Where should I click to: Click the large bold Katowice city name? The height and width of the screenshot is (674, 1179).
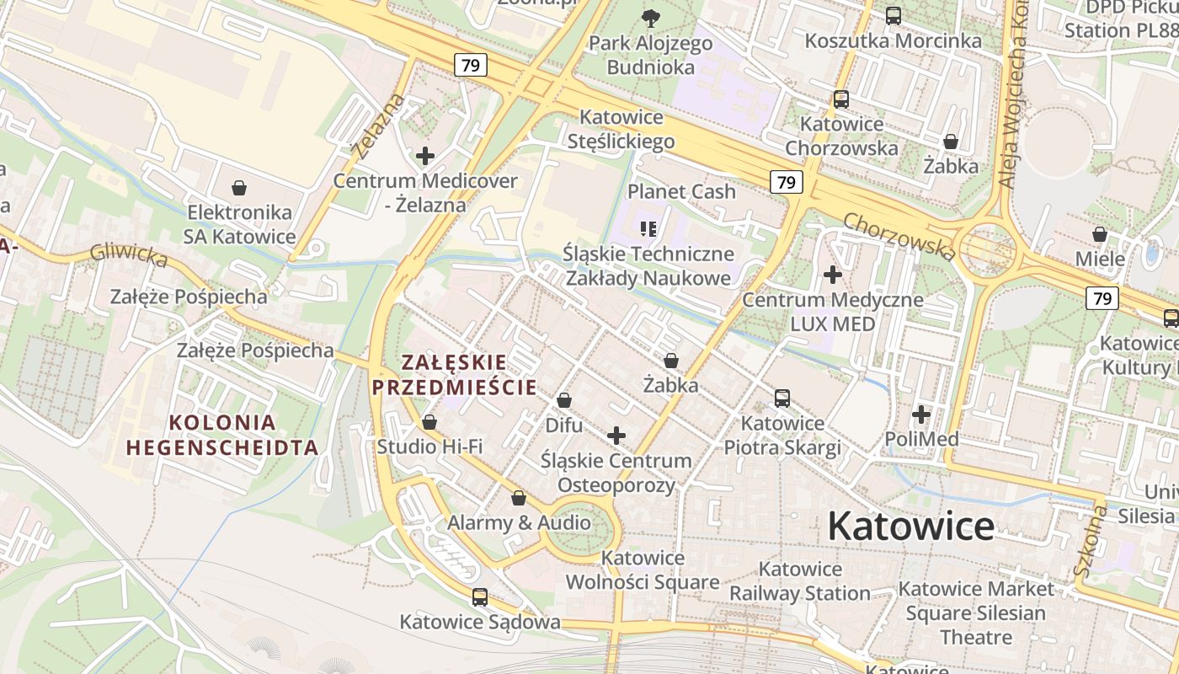(x=910, y=527)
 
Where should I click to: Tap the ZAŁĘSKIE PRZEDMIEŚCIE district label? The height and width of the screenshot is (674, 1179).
(x=455, y=375)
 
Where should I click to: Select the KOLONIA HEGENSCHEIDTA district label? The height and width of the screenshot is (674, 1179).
(x=222, y=435)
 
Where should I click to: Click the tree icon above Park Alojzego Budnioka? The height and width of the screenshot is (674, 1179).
(x=650, y=18)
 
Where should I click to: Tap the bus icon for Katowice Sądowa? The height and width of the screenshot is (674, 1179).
(x=480, y=597)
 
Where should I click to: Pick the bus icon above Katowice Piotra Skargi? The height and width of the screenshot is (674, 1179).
(x=782, y=399)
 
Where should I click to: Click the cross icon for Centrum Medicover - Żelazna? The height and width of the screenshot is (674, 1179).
(x=425, y=156)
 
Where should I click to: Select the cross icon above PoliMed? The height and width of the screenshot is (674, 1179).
(x=921, y=415)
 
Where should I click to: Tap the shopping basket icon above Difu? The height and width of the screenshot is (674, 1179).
(x=564, y=400)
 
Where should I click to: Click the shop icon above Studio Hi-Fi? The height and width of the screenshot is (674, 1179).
(x=429, y=421)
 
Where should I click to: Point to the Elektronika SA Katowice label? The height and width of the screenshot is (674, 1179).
(x=240, y=224)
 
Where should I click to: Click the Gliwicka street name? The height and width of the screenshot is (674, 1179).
(x=129, y=254)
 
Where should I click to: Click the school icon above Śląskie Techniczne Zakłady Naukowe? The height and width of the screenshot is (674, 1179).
(x=648, y=228)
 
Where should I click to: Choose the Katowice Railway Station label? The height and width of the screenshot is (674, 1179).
(x=799, y=581)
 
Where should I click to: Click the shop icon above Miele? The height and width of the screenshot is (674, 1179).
(x=1099, y=234)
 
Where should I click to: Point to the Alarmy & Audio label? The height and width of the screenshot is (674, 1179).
(x=519, y=522)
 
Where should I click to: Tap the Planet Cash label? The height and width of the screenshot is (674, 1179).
(x=681, y=191)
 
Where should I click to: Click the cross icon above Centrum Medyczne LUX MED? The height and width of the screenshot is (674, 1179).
(x=833, y=275)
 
